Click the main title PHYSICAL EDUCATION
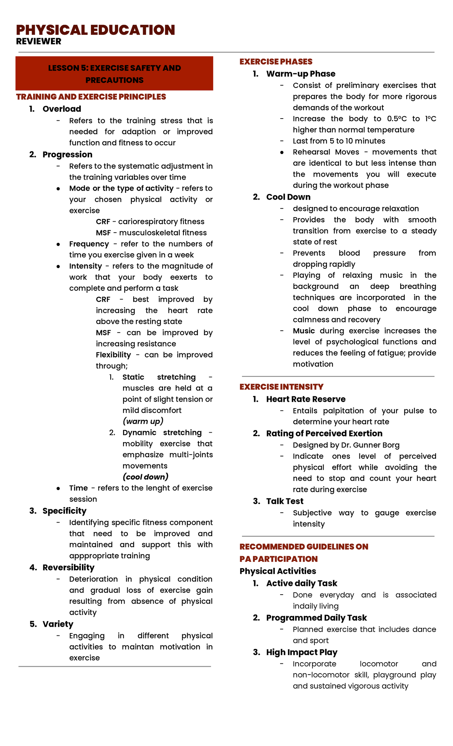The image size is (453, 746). pos(95,30)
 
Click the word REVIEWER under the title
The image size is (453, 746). pos(39,42)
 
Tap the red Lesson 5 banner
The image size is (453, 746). pos(114,74)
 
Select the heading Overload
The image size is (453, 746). pos(62,109)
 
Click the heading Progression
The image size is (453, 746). pos(67,155)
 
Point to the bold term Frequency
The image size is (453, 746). pos(89,244)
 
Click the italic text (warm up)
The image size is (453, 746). pos(143,421)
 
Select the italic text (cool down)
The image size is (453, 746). pos(145,477)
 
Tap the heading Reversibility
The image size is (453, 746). pos(68,568)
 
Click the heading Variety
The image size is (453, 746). pos(58,624)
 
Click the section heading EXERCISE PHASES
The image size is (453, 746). pos(276,62)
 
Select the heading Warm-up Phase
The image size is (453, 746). pos(300,74)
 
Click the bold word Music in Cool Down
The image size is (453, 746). pos(304,331)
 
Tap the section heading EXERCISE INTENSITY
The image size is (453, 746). pos(281,387)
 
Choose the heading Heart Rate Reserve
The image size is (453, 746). pos(305,399)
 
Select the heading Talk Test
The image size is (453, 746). pos(285,501)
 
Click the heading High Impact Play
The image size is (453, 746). pos(302,652)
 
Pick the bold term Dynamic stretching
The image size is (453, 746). pos(162,433)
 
